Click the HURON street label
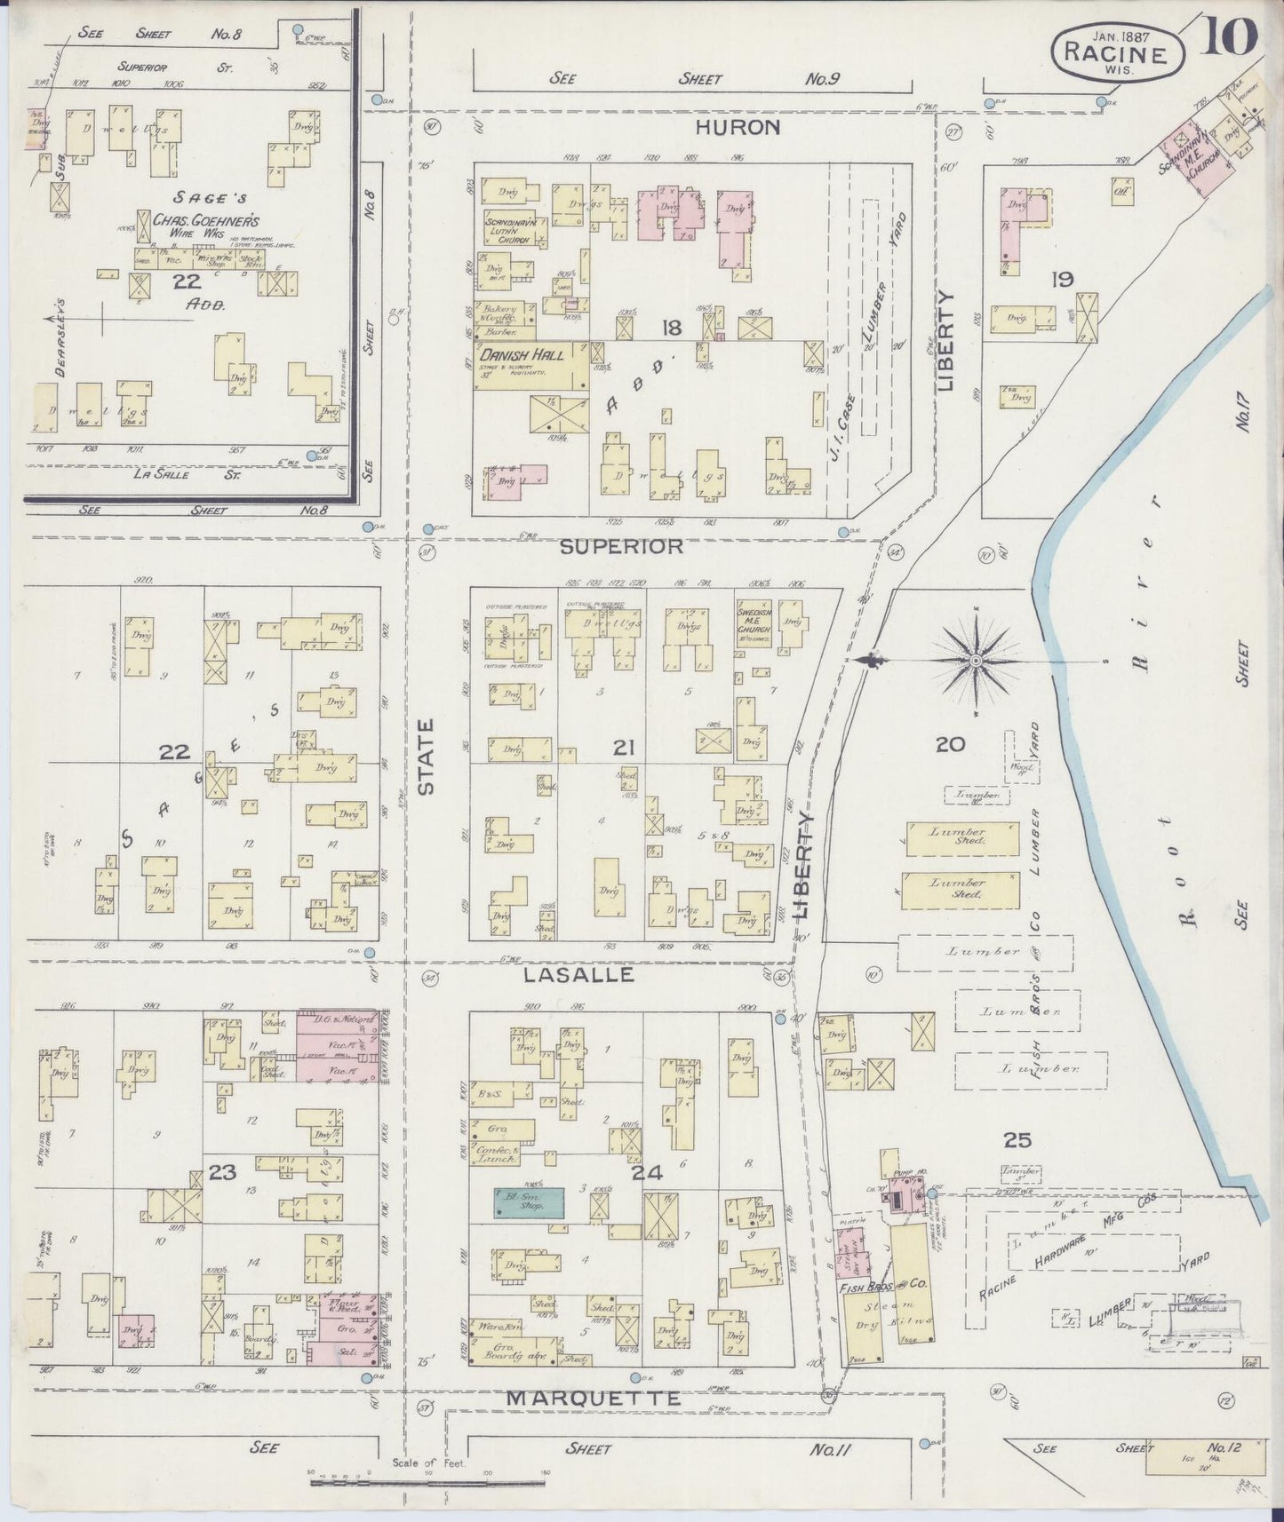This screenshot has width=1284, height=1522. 737,128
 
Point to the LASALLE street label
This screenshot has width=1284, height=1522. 578,974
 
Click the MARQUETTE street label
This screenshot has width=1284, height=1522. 593,1398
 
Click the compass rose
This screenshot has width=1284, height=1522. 975,660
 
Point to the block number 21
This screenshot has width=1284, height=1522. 622,749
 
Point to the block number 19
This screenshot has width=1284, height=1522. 1062,280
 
